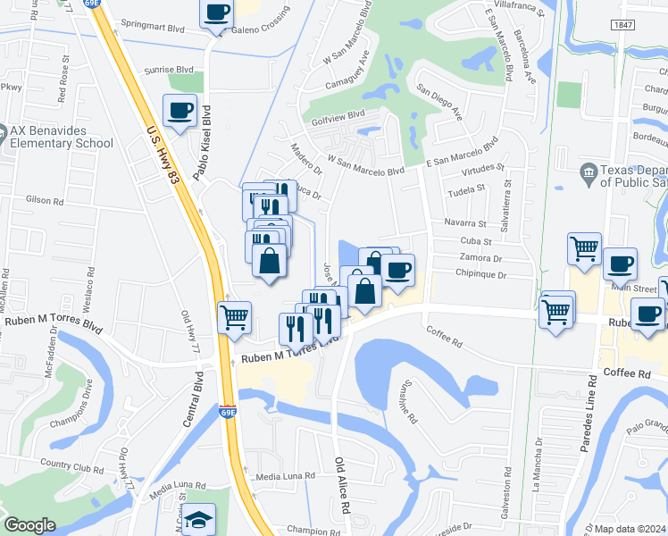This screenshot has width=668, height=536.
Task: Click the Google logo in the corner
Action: pyautogui.click(x=29, y=525)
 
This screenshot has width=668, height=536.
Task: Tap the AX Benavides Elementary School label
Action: pyautogui.click(x=61, y=137)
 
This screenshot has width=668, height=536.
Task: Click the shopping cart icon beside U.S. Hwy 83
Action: pyautogui.click(x=234, y=316)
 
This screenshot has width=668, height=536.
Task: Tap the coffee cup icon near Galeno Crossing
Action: pyautogui.click(x=216, y=13)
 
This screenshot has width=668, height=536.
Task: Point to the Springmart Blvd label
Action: pyautogui.click(x=152, y=28)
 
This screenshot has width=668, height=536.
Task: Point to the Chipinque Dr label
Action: pyautogui.click(x=480, y=274)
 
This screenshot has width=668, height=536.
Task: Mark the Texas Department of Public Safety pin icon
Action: pyautogui.click(x=589, y=172)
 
